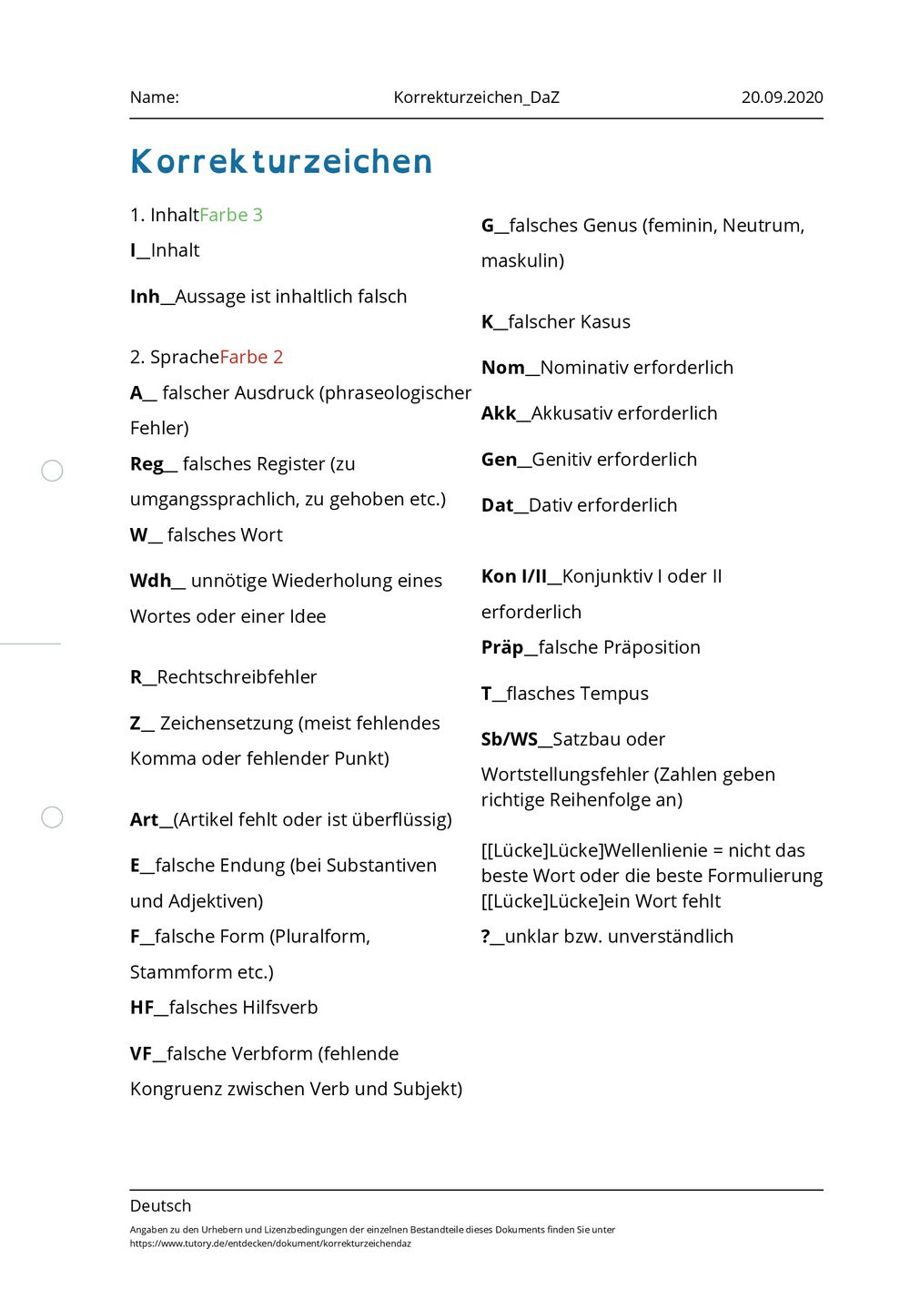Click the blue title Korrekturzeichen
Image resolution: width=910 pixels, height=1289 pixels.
click(x=281, y=162)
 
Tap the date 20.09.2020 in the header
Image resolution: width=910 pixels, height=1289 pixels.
click(x=782, y=97)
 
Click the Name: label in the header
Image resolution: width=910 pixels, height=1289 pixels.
click(x=155, y=97)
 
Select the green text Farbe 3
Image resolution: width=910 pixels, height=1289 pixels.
click(x=231, y=215)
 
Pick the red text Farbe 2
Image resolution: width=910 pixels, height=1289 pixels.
click(x=251, y=357)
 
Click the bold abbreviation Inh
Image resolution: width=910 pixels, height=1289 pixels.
click(x=145, y=297)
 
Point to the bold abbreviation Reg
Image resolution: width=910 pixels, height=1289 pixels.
click(x=147, y=464)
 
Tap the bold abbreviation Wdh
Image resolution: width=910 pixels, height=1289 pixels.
click(x=150, y=581)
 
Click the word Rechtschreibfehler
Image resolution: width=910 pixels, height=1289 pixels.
click(x=237, y=677)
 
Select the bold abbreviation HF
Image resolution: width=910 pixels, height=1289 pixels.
click(x=142, y=1008)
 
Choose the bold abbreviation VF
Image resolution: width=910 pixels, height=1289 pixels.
click(x=141, y=1054)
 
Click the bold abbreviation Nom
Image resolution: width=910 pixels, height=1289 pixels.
click(x=503, y=368)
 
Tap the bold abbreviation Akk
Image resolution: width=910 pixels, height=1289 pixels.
click(x=499, y=413)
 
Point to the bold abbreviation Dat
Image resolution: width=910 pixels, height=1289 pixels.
click(x=498, y=505)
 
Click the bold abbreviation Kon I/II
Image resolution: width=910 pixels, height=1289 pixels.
click(x=514, y=576)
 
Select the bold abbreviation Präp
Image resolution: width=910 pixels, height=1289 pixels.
click(x=502, y=647)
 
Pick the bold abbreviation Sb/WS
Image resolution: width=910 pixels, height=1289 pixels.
click(x=510, y=739)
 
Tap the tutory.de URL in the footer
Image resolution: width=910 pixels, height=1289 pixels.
click(x=270, y=1243)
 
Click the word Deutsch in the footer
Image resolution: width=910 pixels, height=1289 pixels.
click(x=161, y=1206)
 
